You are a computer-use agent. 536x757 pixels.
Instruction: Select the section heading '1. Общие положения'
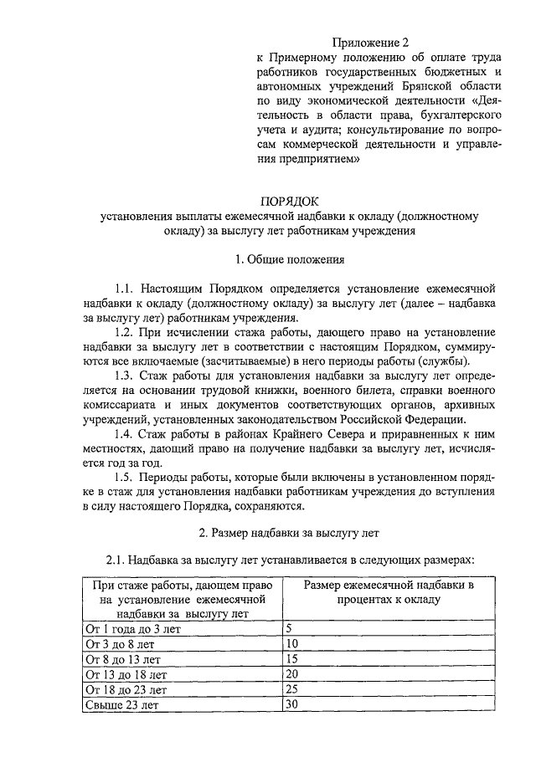coord(290,259)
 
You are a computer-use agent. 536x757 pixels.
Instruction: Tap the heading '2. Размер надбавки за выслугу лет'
coord(290,531)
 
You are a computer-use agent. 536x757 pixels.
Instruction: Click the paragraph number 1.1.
coord(126,288)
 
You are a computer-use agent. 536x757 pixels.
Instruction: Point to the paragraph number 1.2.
coord(126,332)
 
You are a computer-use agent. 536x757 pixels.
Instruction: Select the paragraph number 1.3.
coord(126,376)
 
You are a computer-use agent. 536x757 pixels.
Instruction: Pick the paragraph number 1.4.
coord(126,434)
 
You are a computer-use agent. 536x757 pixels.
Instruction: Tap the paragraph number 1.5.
coord(126,478)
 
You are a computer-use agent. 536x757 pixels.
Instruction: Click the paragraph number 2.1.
coord(116,558)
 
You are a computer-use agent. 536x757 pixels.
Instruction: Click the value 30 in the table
coord(292,705)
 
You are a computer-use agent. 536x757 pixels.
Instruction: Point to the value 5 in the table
coord(289,627)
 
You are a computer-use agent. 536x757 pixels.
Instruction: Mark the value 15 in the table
coord(292,659)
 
